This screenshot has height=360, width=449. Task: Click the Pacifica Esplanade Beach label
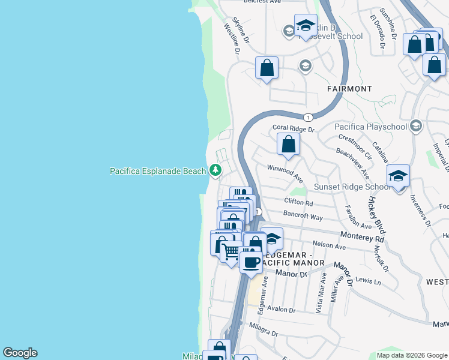158,171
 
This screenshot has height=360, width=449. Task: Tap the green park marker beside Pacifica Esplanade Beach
215,171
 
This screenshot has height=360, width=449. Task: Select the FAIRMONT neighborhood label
349,89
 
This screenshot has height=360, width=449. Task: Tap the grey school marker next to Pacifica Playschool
415,126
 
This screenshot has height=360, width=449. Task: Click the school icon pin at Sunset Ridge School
398,177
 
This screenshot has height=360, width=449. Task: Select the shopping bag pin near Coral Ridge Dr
289,145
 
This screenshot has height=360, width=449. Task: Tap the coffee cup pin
251,261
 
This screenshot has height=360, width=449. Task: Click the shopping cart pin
232,251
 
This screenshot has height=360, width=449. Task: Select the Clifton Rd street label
299,203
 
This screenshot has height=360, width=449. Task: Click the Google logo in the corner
20,353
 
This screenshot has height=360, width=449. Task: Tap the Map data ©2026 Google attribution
411,355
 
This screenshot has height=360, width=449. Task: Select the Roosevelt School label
337,36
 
